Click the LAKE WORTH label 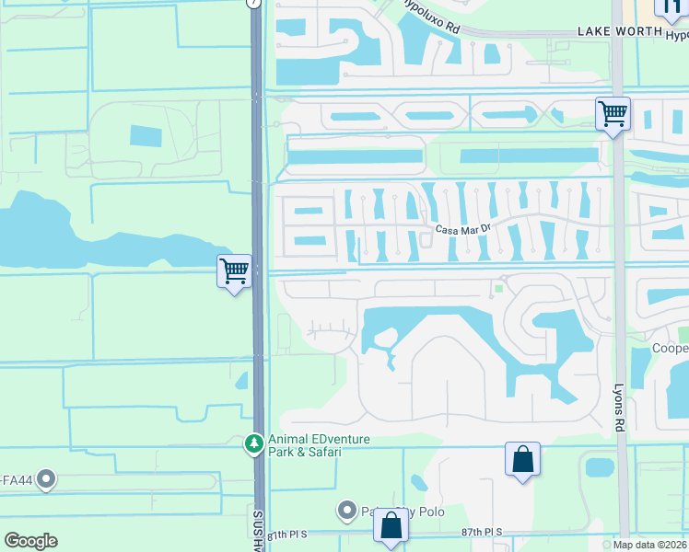(619, 31)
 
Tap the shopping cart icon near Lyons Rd (613, 115)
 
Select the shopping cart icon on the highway (234, 271)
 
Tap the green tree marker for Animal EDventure (253, 444)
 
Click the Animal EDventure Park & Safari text (319, 445)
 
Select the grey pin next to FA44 (45, 479)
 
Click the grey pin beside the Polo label (347, 509)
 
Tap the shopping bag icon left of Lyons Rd (522, 459)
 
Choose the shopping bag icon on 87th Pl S (391, 526)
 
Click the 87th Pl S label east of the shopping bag (482, 533)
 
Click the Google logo (30, 541)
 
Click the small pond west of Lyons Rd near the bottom (599, 467)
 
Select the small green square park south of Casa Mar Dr (498, 289)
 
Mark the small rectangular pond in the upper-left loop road (146, 136)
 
